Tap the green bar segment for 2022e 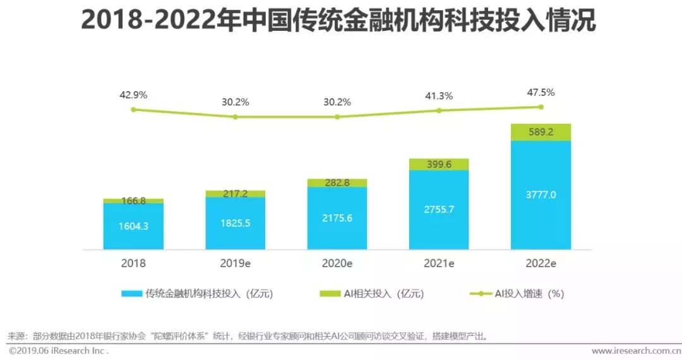pos(541,132)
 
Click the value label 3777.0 pos(541,195)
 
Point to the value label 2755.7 pos(439,209)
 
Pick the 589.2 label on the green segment pos(541,133)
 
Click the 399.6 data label pos(439,164)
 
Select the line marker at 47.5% pos(541,107)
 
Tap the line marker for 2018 pos(133,109)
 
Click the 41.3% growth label pos(439,97)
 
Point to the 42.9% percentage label pos(133,95)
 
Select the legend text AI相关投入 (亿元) pos(383,294)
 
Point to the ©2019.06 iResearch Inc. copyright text pos(58,351)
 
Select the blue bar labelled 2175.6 pos(337,218)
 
